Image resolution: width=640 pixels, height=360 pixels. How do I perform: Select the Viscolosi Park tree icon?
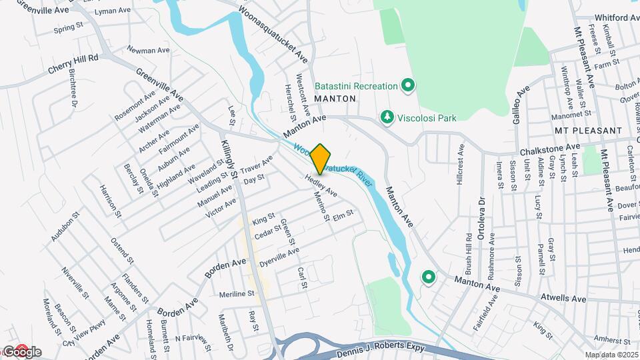tap(386, 118)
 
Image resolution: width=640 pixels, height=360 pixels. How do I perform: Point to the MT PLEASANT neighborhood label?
tap(587, 131)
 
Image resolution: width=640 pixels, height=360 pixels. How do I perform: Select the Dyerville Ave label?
tap(279, 257)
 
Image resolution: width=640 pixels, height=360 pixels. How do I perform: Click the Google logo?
tap(21, 352)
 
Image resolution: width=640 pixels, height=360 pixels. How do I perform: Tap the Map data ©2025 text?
tap(611, 355)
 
